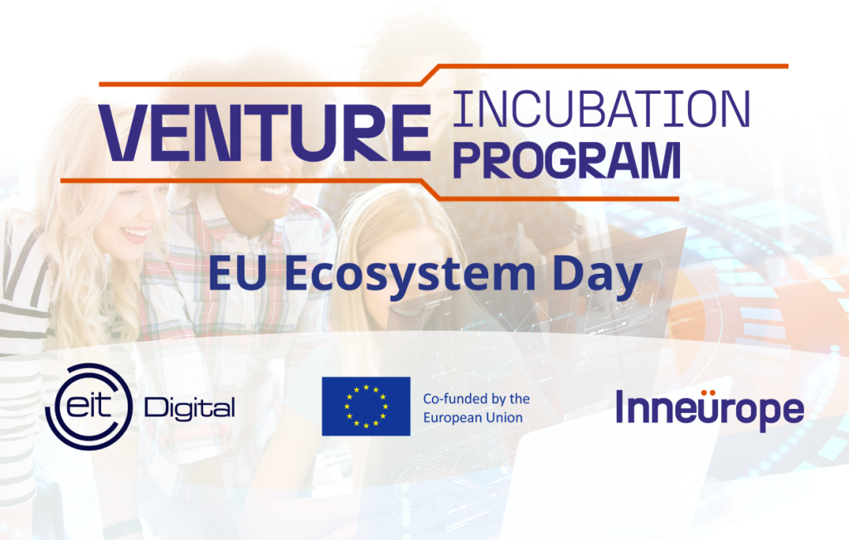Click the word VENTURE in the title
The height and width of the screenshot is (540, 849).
[x=264, y=134]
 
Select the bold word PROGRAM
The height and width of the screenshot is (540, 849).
[x=566, y=160]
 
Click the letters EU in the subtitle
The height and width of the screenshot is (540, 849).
[x=237, y=274]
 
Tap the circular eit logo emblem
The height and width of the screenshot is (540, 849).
[x=89, y=406]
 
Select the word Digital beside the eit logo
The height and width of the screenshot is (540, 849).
[x=190, y=409]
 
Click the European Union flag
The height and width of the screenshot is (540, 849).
[x=366, y=406]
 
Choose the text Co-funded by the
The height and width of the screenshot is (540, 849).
[x=477, y=399]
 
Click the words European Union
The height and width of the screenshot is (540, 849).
[x=473, y=417]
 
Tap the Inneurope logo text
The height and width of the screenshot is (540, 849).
[x=710, y=410]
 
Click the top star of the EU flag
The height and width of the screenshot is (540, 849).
[x=366, y=387]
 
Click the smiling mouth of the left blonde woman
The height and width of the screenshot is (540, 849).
[x=135, y=233]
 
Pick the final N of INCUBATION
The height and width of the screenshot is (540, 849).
[x=733, y=109]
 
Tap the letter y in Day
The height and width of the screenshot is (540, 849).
[x=628, y=282]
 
